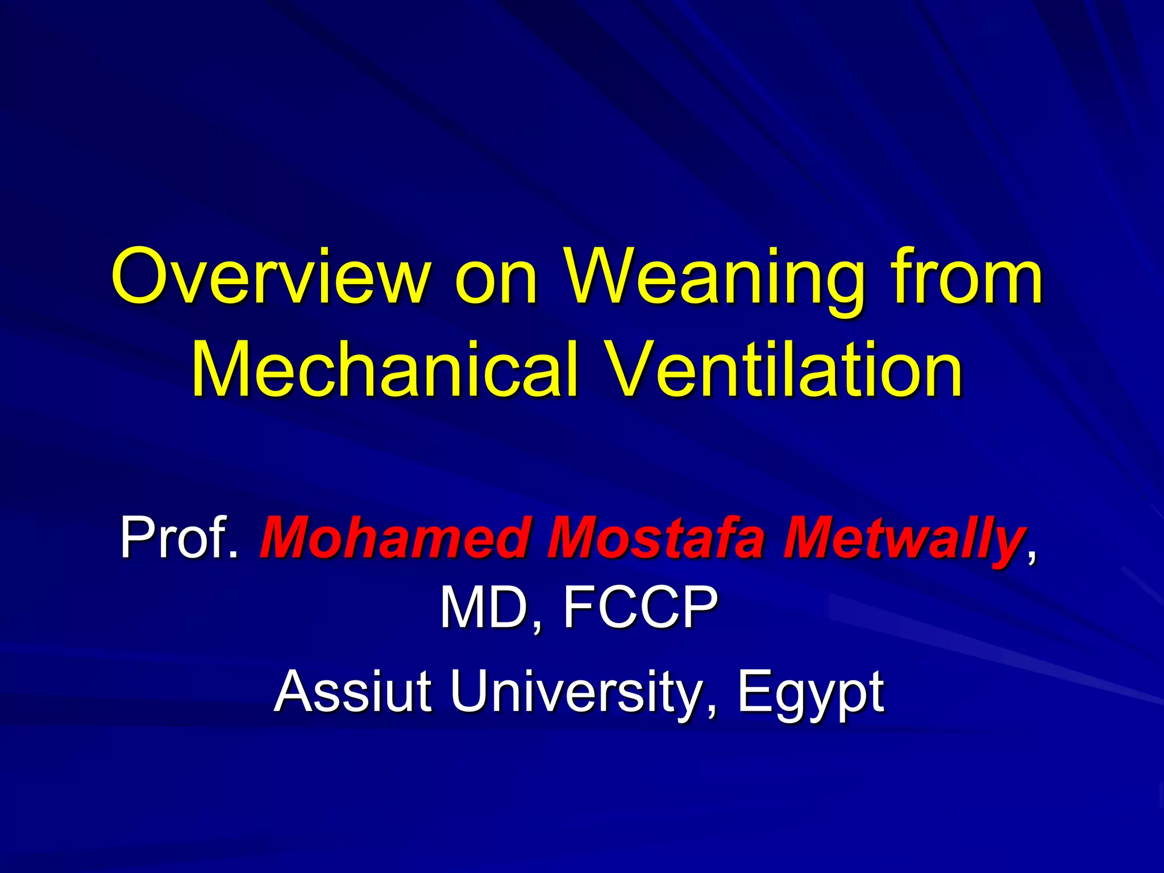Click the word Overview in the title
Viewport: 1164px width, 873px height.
pyautogui.click(x=271, y=277)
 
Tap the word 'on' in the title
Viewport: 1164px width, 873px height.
pyautogui.click(x=496, y=278)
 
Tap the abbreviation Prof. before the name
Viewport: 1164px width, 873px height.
pyautogui.click(x=178, y=537)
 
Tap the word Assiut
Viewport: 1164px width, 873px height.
pyautogui.click(x=352, y=691)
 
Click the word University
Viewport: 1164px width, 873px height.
pyautogui.click(x=574, y=691)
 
